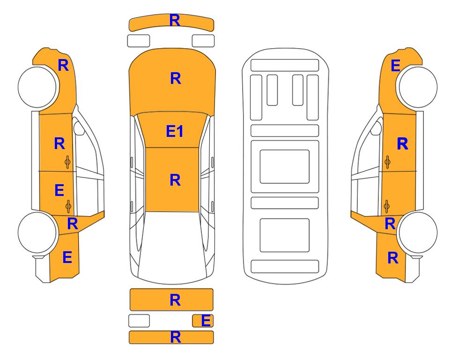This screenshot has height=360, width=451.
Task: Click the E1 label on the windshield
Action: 175,131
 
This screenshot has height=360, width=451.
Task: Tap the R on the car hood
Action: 176,78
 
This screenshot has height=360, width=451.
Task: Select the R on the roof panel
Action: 175,180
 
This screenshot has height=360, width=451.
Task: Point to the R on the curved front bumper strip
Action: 175,21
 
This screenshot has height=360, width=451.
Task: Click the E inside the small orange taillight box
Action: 206,321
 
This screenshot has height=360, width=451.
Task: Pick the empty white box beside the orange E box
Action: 139,321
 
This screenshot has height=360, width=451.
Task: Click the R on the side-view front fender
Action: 63,65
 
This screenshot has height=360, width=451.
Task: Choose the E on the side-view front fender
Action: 395,66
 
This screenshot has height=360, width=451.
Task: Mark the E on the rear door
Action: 59,190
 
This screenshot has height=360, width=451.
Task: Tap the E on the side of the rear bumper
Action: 67,257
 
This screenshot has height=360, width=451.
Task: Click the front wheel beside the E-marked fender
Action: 417,87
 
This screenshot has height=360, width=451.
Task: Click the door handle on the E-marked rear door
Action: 68,206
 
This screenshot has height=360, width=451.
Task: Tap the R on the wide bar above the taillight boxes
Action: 175,300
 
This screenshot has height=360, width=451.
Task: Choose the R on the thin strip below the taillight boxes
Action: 176,337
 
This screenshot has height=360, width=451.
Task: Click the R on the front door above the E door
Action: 59,143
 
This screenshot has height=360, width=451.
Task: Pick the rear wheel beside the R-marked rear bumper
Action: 417,232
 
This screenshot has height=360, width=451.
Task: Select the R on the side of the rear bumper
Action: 393,258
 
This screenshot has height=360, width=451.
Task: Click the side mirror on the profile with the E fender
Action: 377,128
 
